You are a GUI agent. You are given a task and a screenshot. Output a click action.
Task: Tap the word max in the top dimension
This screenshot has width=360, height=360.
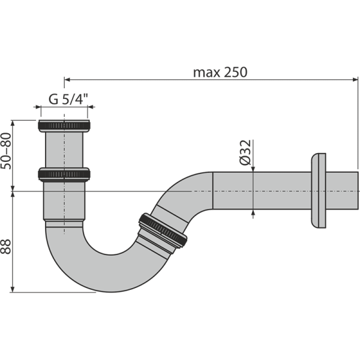click(x=205, y=72)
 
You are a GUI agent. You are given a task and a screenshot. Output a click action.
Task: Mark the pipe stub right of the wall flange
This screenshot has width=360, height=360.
click(x=342, y=191)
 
